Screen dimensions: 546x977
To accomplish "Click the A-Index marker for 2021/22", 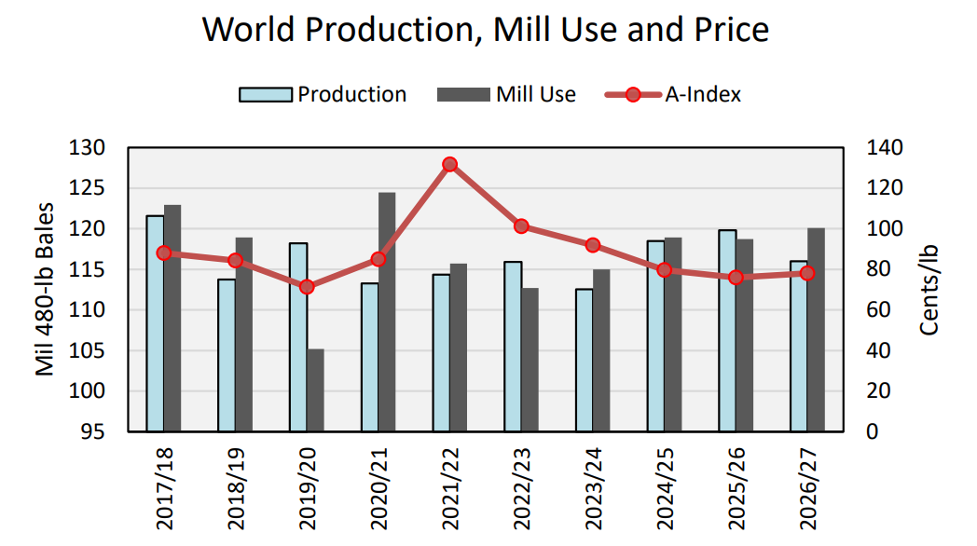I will [450, 164].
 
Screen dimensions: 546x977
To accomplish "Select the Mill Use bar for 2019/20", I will [315, 390].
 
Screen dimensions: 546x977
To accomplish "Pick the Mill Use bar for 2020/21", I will [387, 312].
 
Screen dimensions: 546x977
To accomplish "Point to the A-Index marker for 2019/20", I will [307, 287].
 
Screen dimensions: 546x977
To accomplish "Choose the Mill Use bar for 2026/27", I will [816, 330].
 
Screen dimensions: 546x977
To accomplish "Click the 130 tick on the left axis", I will [95, 148].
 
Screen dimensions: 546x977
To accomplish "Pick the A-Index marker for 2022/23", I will [522, 226].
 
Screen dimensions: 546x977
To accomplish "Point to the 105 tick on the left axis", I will [95, 350].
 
